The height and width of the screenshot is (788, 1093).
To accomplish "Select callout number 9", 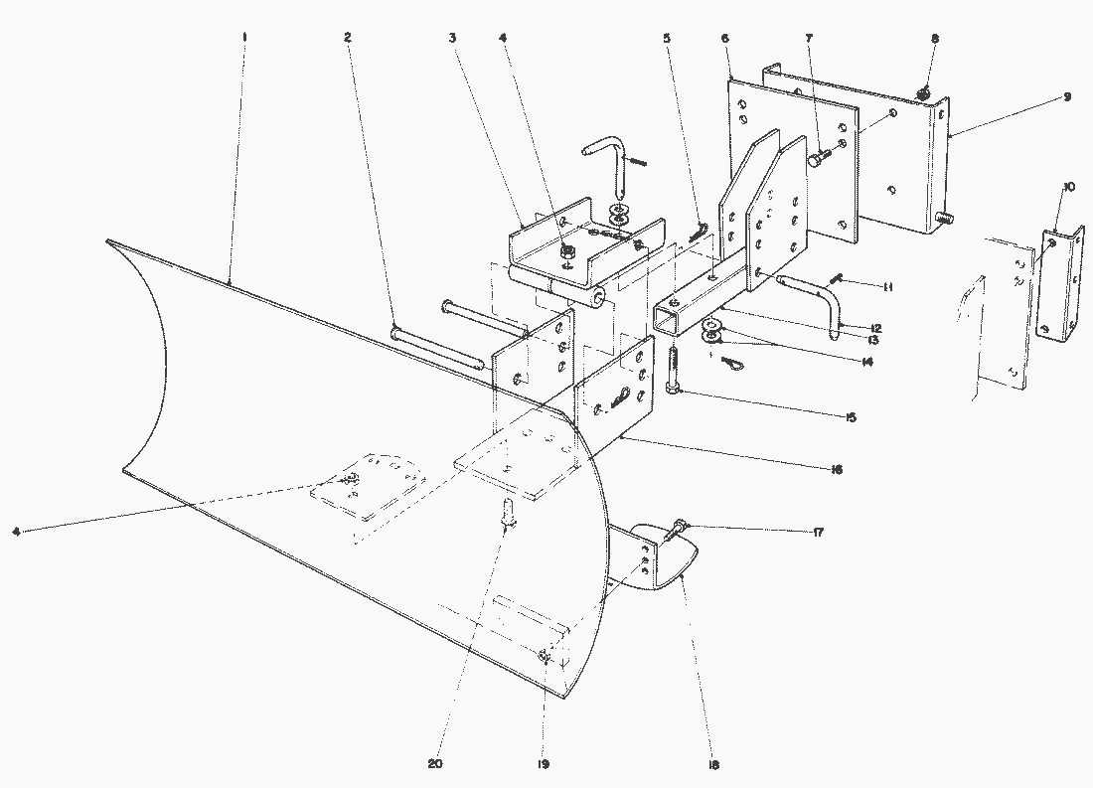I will pyautogui.click(x=1066, y=97).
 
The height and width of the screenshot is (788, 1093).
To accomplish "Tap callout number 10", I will pyautogui.click(x=1068, y=187).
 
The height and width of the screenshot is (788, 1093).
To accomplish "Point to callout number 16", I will pyautogui.click(x=837, y=469).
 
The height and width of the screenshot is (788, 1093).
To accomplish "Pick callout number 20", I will pyautogui.click(x=434, y=764).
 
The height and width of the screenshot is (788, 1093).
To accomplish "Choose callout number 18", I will pyautogui.click(x=714, y=764).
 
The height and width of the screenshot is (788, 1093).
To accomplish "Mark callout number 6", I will pyautogui.click(x=725, y=37).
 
